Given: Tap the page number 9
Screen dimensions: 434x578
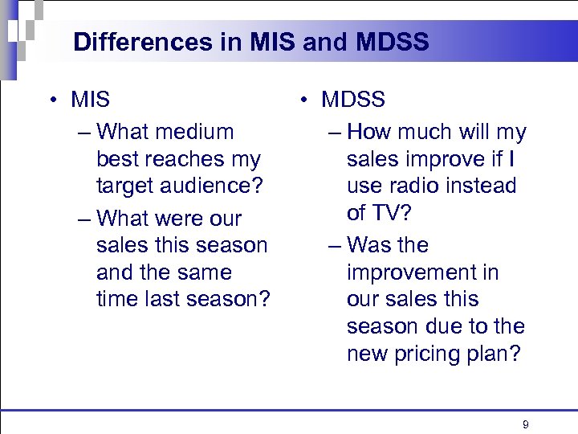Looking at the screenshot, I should point(525,424).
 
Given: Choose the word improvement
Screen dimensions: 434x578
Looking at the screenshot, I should point(422,272).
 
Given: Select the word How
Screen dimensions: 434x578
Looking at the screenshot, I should point(368,132).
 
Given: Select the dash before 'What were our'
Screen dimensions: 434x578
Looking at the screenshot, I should point(84,219).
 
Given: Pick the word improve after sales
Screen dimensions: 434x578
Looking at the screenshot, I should point(446,159).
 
